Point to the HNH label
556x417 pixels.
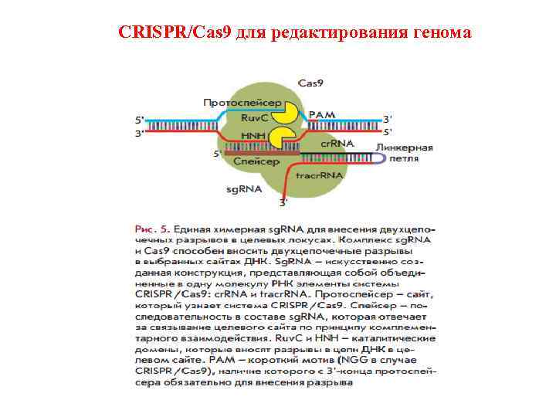[x=253, y=135]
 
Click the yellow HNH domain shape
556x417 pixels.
[x=280, y=139]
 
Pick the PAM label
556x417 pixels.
[x=322, y=115]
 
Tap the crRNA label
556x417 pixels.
[x=337, y=144]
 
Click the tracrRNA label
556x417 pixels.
[x=320, y=176]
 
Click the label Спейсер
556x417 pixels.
[x=256, y=162]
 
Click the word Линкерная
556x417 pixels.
[x=404, y=147]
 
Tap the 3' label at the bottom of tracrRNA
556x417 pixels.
[x=283, y=202]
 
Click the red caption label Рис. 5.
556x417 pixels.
[x=153, y=229]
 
